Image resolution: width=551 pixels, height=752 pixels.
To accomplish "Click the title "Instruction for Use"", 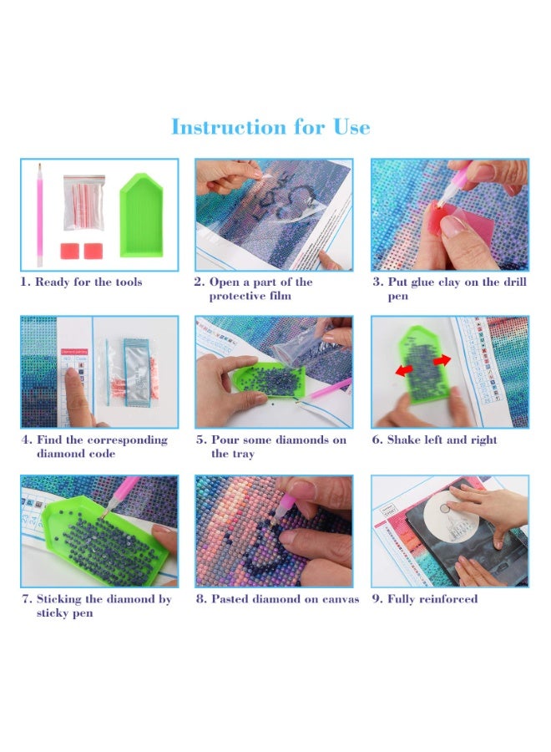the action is click(x=270, y=127).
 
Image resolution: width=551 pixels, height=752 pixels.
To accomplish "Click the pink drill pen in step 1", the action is click(x=40, y=215).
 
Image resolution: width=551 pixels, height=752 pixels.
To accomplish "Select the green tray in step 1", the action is click(x=141, y=215).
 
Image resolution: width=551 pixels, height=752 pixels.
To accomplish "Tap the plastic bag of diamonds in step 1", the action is click(x=83, y=202).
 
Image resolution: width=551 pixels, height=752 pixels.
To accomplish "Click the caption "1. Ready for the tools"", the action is click(x=82, y=282).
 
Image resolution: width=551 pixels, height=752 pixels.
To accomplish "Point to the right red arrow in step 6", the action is click(x=442, y=359).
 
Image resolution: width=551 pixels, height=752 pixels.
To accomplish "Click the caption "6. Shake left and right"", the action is click(x=434, y=440).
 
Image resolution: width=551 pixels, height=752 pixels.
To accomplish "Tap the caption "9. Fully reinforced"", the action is click(x=425, y=599).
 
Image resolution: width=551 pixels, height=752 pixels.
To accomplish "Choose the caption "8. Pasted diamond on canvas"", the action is click(x=277, y=599).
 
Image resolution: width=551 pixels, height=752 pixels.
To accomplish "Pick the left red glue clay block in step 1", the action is click(x=69, y=251).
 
